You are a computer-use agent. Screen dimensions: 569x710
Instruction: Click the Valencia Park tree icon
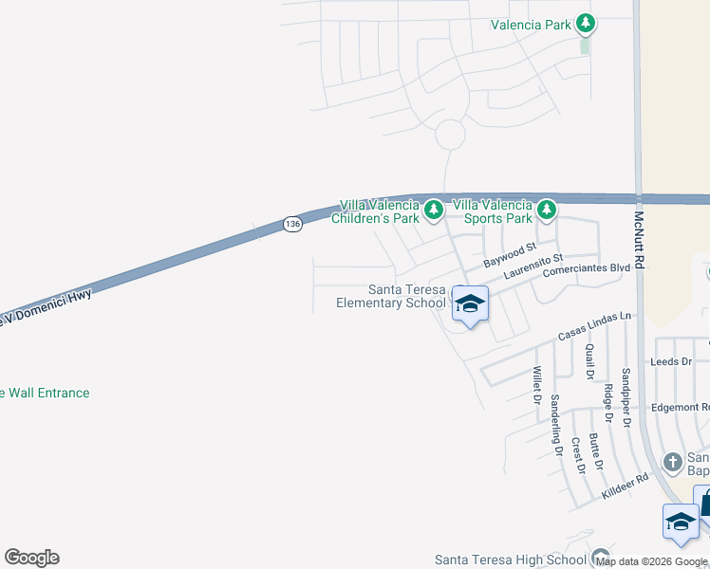click(x=586, y=23)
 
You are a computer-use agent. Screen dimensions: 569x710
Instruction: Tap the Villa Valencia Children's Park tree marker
click(x=433, y=209)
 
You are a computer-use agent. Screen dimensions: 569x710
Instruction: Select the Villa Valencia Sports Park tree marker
click(x=546, y=209)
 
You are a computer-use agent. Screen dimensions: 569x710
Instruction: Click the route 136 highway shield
click(x=292, y=224)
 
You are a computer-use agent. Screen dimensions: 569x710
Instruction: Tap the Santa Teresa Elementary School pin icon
click(x=470, y=305)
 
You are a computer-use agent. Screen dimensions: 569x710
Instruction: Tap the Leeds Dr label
click(x=670, y=361)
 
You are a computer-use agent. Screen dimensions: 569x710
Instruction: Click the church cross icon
click(x=672, y=462)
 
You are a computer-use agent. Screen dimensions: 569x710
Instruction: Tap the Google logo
click(x=31, y=558)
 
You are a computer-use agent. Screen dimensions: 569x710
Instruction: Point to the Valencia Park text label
click(x=531, y=25)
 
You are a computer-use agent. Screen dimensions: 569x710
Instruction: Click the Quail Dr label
click(x=589, y=361)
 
